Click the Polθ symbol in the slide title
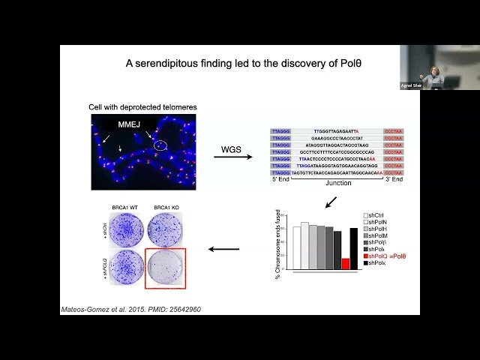pos(344,64)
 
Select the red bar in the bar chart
pos(346,263)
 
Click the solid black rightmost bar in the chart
pos(355,248)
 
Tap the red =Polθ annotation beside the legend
pos(399,256)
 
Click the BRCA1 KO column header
pos(163,205)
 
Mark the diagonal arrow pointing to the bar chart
pos(331,202)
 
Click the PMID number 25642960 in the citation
pos(183,309)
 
